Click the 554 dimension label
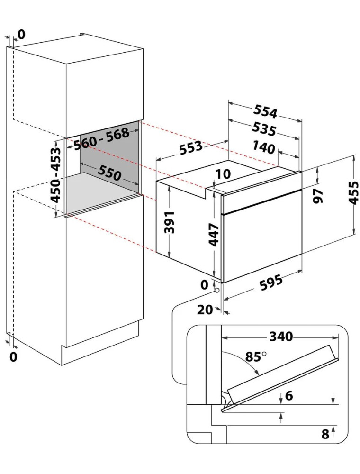[265, 111]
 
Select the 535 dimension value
[264, 129]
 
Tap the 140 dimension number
[264, 147]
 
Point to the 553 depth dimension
[190, 146]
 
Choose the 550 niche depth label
[109, 173]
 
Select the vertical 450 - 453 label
[55, 175]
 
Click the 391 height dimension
[170, 222]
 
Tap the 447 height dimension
[214, 235]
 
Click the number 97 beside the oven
[318, 196]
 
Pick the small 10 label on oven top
[224, 174]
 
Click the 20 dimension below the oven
[205, 310]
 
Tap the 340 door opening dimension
[281, 336]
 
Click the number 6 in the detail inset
[289, 395]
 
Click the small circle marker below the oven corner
[216, 290]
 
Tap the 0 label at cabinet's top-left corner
[22, 35]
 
